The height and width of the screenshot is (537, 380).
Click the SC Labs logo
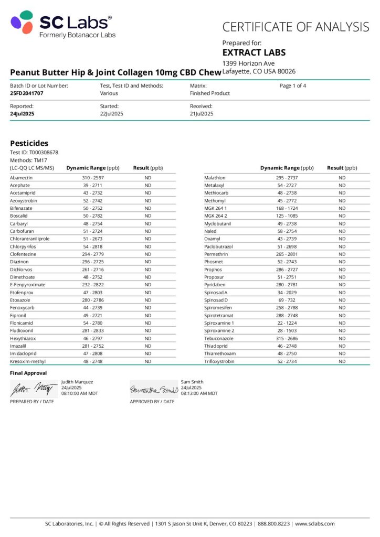[62, 24]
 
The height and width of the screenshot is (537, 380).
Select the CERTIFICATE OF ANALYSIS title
[295, 27]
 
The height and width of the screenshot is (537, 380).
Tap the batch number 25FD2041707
[27, 93]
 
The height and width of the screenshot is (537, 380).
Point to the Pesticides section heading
[29, 143]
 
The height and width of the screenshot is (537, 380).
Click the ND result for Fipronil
[148, 316]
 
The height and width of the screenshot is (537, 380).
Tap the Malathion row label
[215, 178]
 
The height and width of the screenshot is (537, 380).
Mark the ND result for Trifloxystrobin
[342, 361]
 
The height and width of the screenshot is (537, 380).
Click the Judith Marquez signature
[33, 389]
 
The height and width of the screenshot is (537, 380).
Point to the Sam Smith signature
[153, 390]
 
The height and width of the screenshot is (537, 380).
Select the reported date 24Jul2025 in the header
[22, 114]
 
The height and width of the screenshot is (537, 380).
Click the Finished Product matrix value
[210, 93]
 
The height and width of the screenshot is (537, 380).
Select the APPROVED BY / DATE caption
[152, 402]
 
